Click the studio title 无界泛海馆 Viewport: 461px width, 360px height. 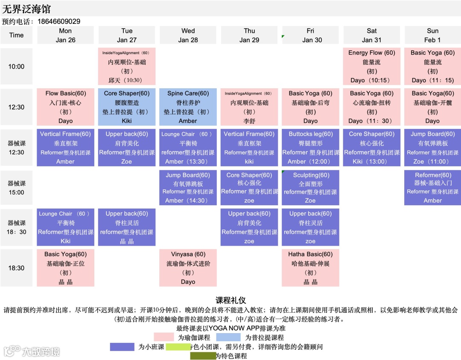tap(26, 9)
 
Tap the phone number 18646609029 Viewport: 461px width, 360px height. tap(59, 21)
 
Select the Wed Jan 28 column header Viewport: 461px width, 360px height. tap(188, 35)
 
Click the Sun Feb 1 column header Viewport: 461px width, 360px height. tap(432, 35)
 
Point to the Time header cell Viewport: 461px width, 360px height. tap(17, 35)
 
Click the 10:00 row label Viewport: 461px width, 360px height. tap(17, 67)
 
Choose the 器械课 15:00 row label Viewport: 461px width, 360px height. tap(17, 188)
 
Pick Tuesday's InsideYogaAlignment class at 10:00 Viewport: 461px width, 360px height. tap(127, 67)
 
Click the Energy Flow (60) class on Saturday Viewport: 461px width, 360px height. tap(371, 67)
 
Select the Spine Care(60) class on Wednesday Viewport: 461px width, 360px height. tap(188, 107)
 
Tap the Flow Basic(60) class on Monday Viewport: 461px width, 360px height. tap(66, 107)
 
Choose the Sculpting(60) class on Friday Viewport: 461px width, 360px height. tap(310, 188)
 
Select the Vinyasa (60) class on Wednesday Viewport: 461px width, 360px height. tap(188, 268)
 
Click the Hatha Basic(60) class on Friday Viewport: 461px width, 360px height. tap(310, 268)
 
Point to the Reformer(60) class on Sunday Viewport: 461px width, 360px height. tap(432, 188)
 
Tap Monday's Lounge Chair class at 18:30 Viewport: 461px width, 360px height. tap(66, 227)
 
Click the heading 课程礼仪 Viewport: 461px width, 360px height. tap(230, 300)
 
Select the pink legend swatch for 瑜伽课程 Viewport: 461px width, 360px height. tap(166, 337)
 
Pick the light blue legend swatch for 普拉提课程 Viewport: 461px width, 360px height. tap(228, 337)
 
